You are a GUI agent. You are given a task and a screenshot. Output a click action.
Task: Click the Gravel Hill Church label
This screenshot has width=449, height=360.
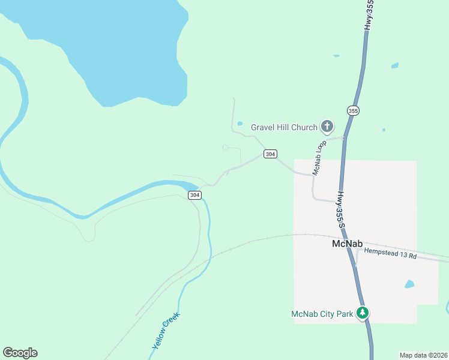tap(283, 127)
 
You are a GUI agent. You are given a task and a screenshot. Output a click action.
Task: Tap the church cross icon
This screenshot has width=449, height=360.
tap(327, 126)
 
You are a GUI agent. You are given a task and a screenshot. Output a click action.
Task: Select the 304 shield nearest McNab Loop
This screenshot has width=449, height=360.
tap(270, 154)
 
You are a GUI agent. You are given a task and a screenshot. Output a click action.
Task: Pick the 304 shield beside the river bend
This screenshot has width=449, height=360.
tap(194, 195)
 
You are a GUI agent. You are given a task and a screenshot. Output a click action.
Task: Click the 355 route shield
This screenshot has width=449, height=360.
tap(352, 110)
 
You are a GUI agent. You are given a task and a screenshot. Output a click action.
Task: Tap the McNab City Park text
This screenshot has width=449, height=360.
tap(322, 313)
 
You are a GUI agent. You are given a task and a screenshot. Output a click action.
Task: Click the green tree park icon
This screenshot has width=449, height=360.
tap(362, 313)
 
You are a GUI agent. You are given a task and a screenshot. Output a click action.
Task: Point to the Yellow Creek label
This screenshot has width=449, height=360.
tap(166, 331)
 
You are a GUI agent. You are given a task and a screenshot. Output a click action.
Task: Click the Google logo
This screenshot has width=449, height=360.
tap(20, 353)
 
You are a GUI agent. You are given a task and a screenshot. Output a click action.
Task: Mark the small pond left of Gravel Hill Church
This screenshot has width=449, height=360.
tap(240, 124)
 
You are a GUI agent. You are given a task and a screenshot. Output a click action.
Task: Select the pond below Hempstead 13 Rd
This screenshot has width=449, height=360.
tap(409, 284)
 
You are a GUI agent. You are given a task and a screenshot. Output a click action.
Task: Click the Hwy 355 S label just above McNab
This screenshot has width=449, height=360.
tap(341, 210)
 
